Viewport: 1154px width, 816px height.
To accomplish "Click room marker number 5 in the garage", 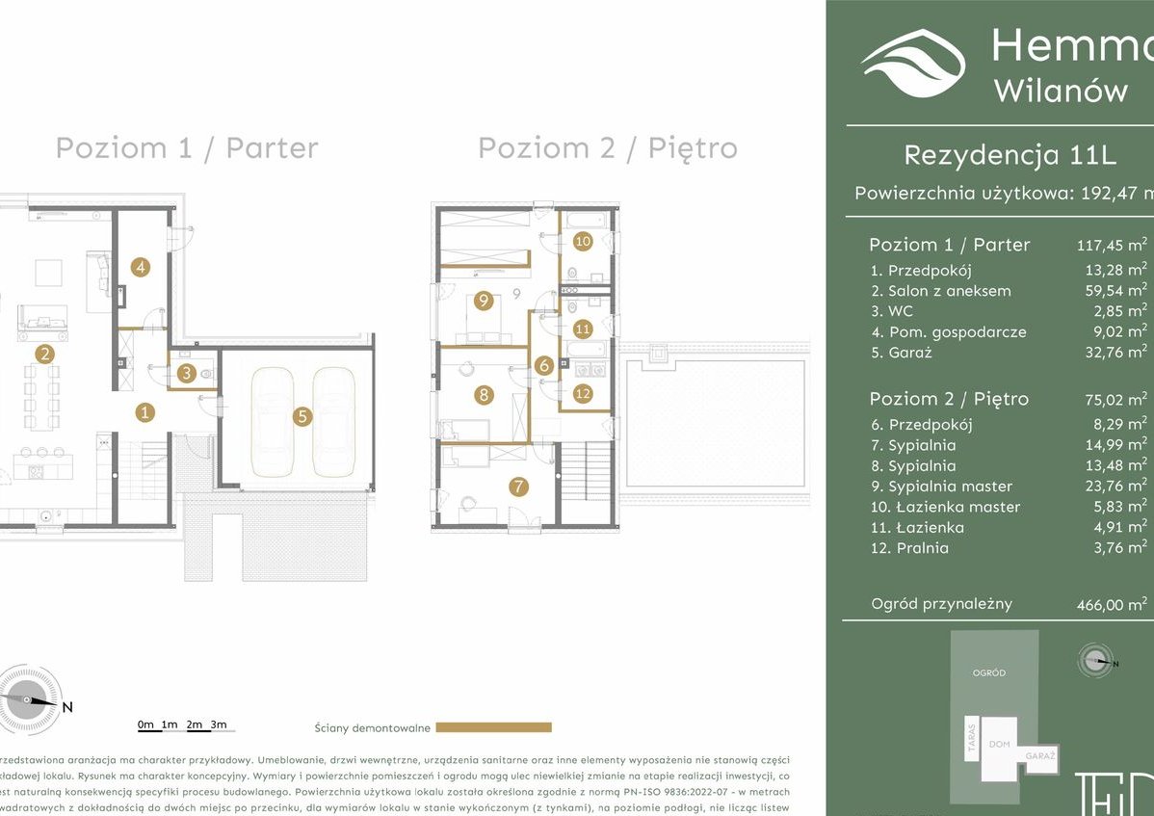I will click(x=302, y=416).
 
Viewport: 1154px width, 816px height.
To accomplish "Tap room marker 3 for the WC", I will click(x=186, y=373).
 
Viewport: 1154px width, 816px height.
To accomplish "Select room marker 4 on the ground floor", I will click(x=141, y=268).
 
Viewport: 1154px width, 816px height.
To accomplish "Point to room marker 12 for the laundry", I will click(x=582, y=392).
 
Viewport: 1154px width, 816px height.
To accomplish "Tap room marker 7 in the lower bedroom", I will click(x=519, y=487).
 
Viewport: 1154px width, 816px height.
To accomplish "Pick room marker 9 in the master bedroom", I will click(x=484, y=301).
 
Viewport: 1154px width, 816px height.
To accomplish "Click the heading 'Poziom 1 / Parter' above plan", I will click(x=186, y=148).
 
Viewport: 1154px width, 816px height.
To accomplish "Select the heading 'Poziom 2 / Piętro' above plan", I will click(x=607, y=148).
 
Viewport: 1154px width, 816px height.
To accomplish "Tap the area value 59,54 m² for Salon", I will click(x=1115, y=290).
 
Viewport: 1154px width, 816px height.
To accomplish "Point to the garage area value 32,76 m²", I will click(x=1115, y=352).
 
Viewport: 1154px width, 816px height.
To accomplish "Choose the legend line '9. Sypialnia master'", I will click(x=940, y=487).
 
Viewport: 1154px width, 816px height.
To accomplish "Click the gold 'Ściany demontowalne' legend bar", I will click(x=493, y=727).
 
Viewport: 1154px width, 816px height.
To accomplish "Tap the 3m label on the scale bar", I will click(x=219, y=724).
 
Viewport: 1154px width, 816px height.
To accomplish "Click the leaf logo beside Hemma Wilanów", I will click(x=912, y=64).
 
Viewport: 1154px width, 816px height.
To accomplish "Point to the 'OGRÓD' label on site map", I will click(x=988, y=672).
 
